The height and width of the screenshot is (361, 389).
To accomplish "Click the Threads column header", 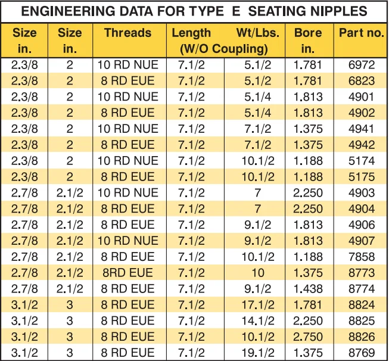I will click(129, 33).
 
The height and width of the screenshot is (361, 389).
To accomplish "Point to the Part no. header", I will click(362, 33).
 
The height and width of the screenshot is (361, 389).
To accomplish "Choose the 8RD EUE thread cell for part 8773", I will click(129, 272).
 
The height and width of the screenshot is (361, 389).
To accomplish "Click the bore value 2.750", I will click(307, 336).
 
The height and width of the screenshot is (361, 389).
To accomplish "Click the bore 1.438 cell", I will click(307, 288).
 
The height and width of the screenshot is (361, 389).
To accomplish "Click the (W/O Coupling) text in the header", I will click(224, 48).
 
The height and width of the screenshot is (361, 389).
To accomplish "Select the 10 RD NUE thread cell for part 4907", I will click(129, 240).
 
